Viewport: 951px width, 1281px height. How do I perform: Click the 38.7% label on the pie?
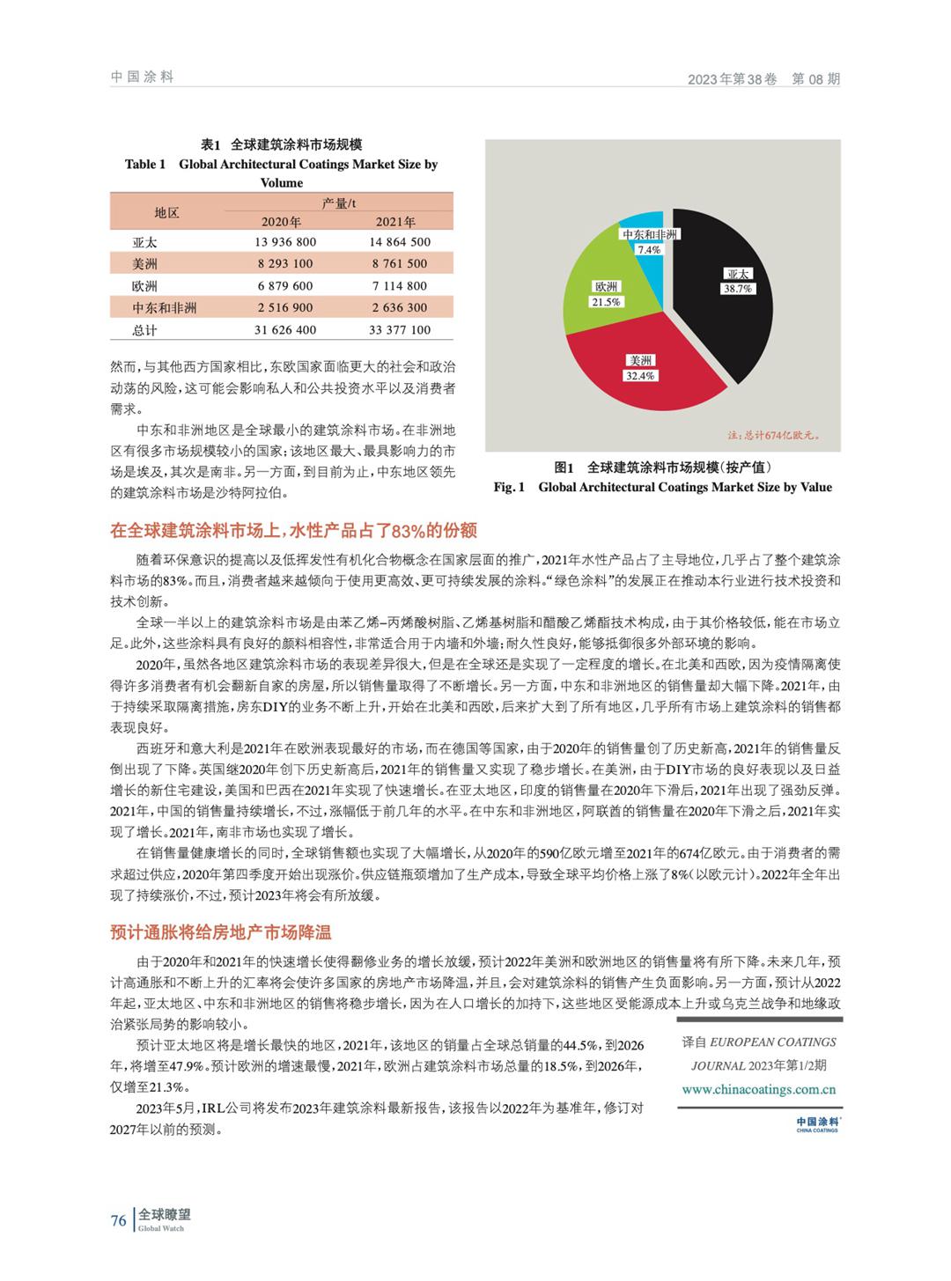(x=737, y=288)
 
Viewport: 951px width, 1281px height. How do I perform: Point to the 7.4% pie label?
(x=649, y=249)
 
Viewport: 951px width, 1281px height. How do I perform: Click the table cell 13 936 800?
(x=285, y=242)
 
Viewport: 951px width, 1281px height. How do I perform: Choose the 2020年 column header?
(x=281, y=221)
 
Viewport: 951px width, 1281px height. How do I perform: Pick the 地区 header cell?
(x=166, y=212)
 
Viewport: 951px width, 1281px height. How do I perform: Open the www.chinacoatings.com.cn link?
(x=758, y=1089)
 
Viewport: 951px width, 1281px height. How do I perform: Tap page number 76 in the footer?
(x=118, y=1220)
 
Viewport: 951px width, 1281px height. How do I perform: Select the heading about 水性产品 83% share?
(x=293, y=530)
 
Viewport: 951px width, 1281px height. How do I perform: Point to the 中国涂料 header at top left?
(x=142, y=77)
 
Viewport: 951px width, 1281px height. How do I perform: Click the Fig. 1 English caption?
(x=662, y=487)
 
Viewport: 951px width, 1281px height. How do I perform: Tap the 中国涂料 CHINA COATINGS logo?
(x=817, y=1123)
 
